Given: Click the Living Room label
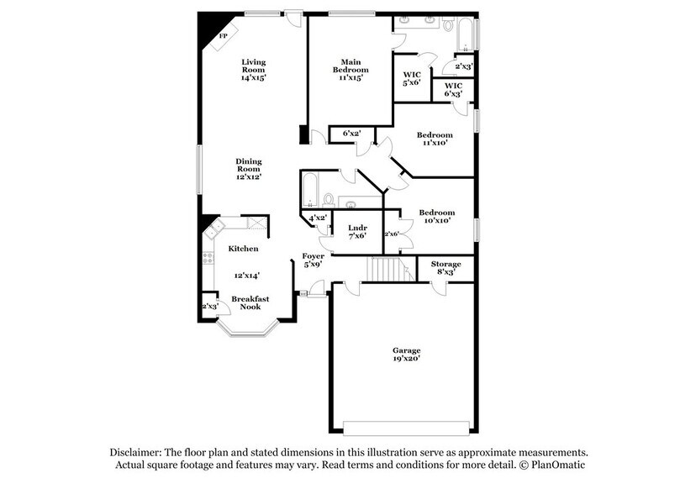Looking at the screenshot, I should tap(254, 62).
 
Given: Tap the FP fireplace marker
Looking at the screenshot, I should tap(224, 36).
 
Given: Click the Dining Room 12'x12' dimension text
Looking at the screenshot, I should tap(248, 178).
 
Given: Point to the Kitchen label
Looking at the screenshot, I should tap(243, 249).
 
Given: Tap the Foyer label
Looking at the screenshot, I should tap(314, 255).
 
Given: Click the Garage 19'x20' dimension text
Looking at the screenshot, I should tap(406, 359).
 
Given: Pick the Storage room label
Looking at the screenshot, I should tap(445, 264).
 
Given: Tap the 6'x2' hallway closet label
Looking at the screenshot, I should tap(351, 133).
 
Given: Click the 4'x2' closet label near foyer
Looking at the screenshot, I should tap(318, 218).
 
